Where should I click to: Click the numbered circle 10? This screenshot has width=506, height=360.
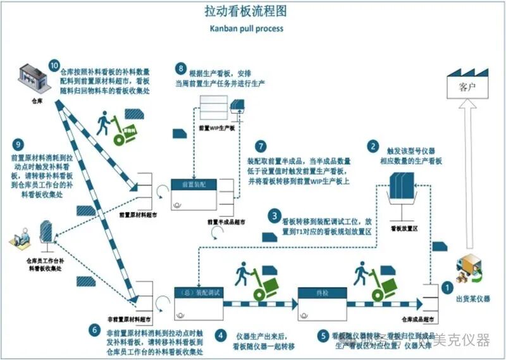(x=54, y=66)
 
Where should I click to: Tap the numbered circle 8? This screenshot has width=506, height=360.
(x=182, y=68)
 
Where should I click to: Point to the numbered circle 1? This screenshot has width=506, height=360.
(x=447, y=286)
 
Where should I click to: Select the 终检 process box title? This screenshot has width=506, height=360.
(x=322, y=292)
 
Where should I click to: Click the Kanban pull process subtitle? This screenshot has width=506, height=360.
(x=247, y=28)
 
